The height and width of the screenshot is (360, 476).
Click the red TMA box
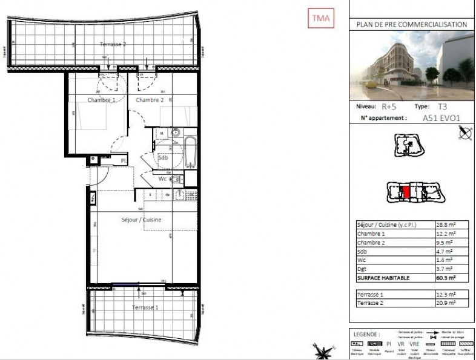click(320, 19)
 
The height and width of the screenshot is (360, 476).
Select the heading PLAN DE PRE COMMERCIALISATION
click(411, 25)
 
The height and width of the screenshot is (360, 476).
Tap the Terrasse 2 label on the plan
click(113, 45)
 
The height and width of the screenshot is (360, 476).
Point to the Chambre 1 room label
click(101, 100)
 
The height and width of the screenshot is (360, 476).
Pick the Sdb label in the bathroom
click(162, 157)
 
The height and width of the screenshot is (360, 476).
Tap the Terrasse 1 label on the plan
click(145, 307)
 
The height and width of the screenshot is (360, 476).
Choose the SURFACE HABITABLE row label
click(383, 278)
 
